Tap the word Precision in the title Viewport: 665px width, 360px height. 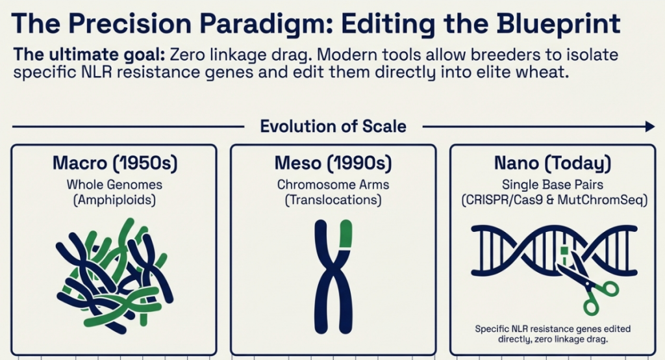[130, 24]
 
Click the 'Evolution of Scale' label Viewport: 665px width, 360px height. [333, 127]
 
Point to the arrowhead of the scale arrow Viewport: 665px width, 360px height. [650, 127]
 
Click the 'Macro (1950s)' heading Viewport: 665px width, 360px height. [115, 164]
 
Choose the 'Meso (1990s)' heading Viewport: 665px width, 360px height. [333, 164]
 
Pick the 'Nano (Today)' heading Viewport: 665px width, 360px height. [553, 164]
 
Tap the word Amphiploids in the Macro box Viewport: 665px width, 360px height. [114, 200]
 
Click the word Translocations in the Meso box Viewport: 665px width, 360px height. [333, 200]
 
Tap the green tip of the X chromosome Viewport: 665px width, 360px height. [346, 233]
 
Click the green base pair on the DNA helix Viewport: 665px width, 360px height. [564, 250]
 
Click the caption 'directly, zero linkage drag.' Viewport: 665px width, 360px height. [553, 339]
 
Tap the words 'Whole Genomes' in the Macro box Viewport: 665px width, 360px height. [114, 185]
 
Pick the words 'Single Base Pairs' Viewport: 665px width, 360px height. [553, 185]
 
